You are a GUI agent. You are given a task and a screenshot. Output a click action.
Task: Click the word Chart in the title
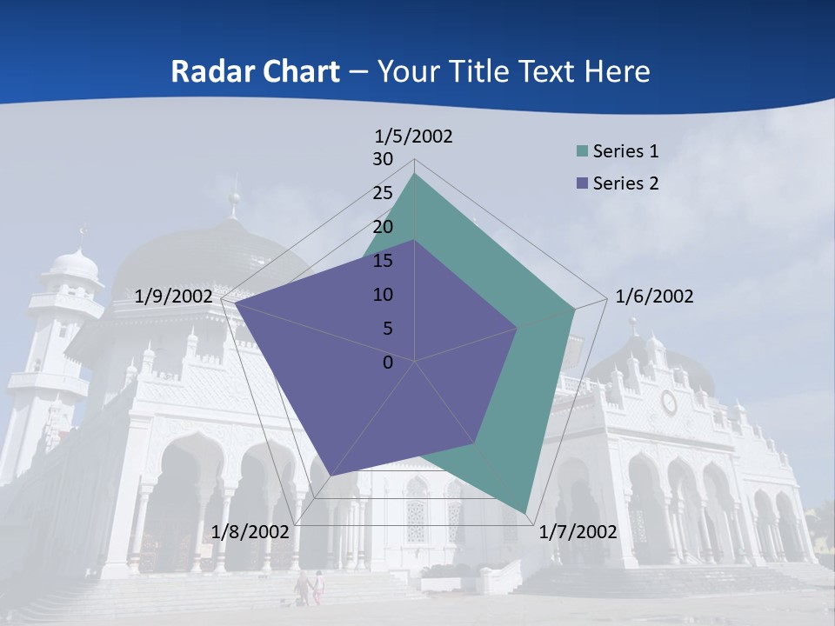pyautogui.click(x=292, y=71)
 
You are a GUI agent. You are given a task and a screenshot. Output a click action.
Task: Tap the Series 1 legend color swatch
pyautogui.click(x=582, y=151)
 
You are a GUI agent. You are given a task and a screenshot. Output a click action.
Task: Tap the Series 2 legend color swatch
pyautogui.click(x=582, y=183)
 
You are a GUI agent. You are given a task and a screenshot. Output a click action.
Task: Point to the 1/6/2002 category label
pyautogui.click(x=654, y=296)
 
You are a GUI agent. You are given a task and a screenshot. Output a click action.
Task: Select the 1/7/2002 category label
pyautogui.click(x=578, y=532)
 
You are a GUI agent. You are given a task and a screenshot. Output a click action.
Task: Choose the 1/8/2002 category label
pyautogui.click(x=250, y=532)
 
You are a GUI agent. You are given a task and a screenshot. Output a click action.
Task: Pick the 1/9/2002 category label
pyautogui.click(x=173, y=296)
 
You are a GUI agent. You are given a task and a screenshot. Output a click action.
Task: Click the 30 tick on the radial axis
pyautogui.click(x=383, y=159)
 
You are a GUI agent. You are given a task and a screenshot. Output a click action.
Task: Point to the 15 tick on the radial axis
pyautogui.click(x=383, y=261)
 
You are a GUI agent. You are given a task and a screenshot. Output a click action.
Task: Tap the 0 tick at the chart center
pyautogui.click(x=388, y=363)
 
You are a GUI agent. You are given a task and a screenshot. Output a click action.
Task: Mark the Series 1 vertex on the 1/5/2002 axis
pyautogui.click(x=415, y=174)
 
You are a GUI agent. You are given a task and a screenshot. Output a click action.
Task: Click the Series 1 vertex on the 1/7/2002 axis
pyautogui.click(x=525, y=512)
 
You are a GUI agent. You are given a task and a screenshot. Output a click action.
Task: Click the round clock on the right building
pyautogui.click(x=669, y=403)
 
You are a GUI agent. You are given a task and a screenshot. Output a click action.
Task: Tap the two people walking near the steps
pyautogui.click(x=310, y=588)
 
